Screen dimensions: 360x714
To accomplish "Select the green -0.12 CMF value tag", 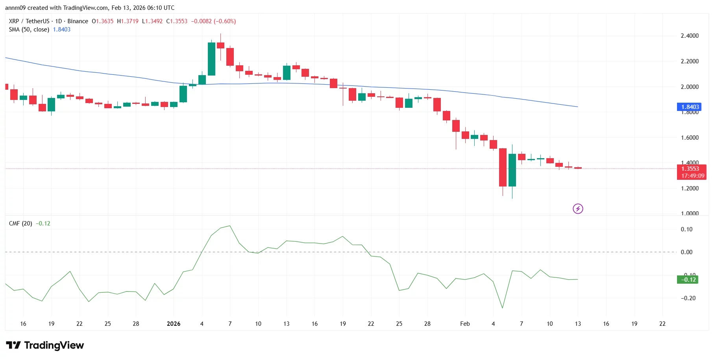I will (687, 280).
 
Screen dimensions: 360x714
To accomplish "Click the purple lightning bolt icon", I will (577, 209).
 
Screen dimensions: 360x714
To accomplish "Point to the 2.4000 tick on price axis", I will (689, 36).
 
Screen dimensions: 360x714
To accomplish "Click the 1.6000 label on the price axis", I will (689, 138).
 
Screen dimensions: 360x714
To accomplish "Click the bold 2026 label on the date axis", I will (174, 324).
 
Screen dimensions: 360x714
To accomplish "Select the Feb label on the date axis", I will (465, 324).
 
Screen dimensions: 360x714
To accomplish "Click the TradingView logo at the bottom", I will (45, 345).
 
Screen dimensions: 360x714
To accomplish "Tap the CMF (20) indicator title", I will (20, 223).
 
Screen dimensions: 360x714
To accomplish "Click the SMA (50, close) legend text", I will (29, 30).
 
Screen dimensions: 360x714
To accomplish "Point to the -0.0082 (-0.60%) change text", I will (213, 21).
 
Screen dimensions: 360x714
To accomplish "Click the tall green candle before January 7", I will (211, 59).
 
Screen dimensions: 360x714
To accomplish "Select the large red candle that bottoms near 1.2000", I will (503, 167).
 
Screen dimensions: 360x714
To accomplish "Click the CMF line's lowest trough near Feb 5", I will (503, 308).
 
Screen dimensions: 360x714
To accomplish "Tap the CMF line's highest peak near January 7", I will (230, 226).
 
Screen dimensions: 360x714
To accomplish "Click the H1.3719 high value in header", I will (128, 21).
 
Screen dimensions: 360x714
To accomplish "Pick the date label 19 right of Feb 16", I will (634, 324).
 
